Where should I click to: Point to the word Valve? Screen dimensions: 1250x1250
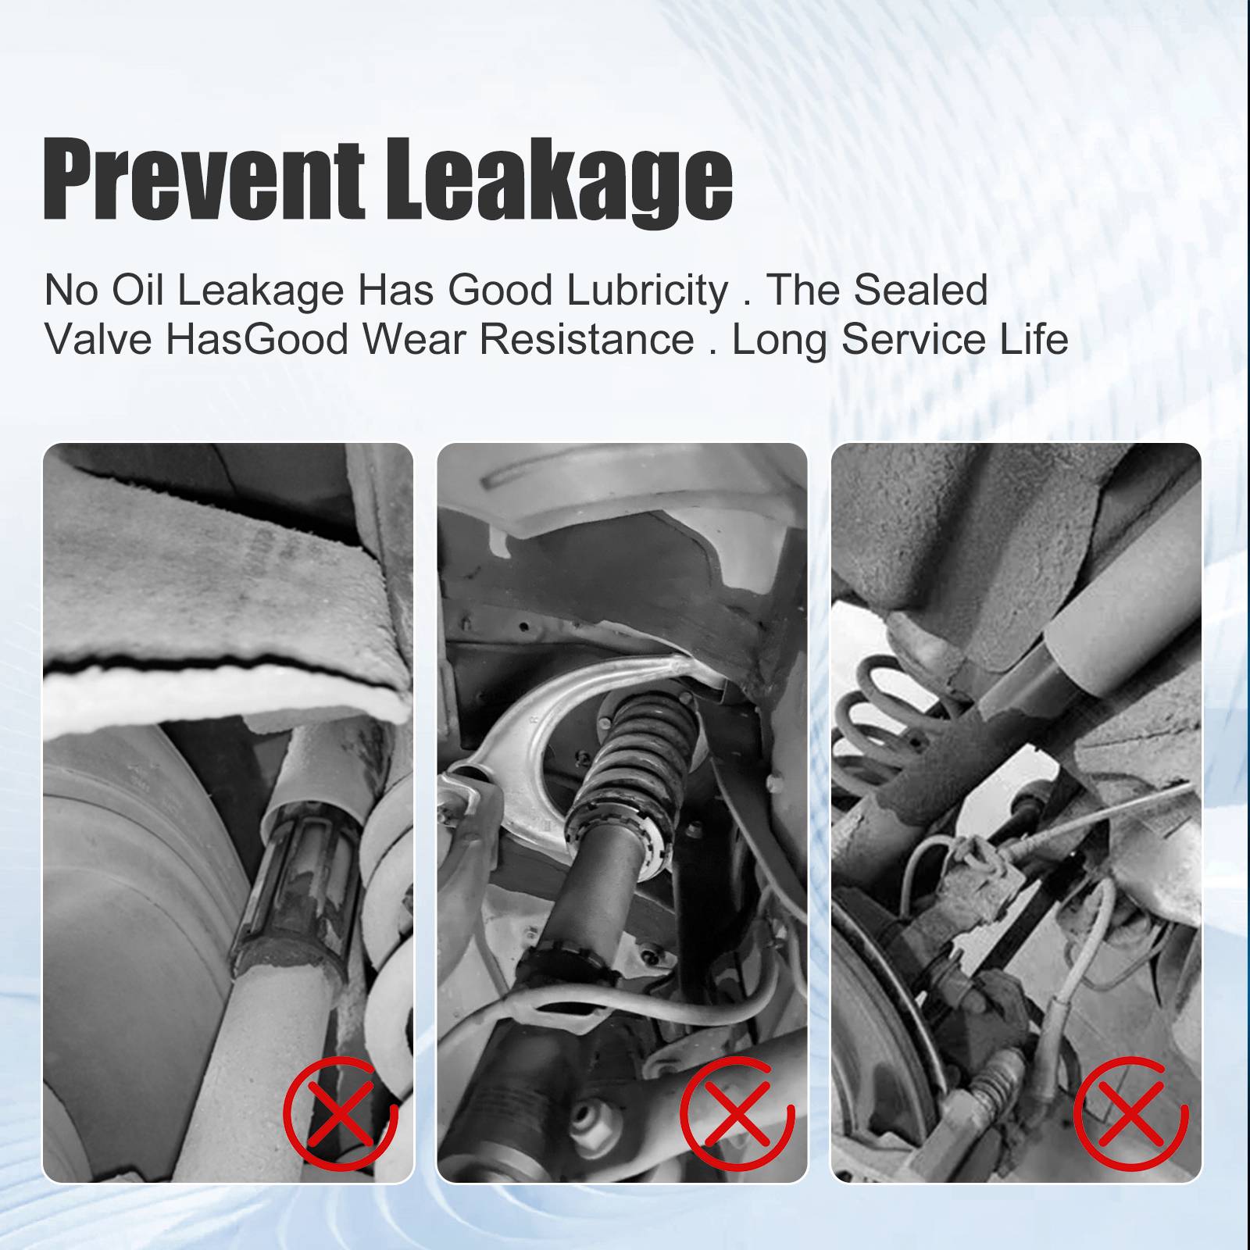[x=98, y=339]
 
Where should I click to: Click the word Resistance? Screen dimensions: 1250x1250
[x=587, y=339]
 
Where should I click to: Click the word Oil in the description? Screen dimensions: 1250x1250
[x=137, y=290]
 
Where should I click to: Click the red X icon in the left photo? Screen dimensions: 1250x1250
[x=341, y=1112]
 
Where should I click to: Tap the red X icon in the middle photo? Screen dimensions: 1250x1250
[x=737, y=1112]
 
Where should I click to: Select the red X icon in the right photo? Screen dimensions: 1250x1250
[x=1130, y=1112]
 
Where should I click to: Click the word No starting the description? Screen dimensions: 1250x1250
[x=71, y=290]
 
